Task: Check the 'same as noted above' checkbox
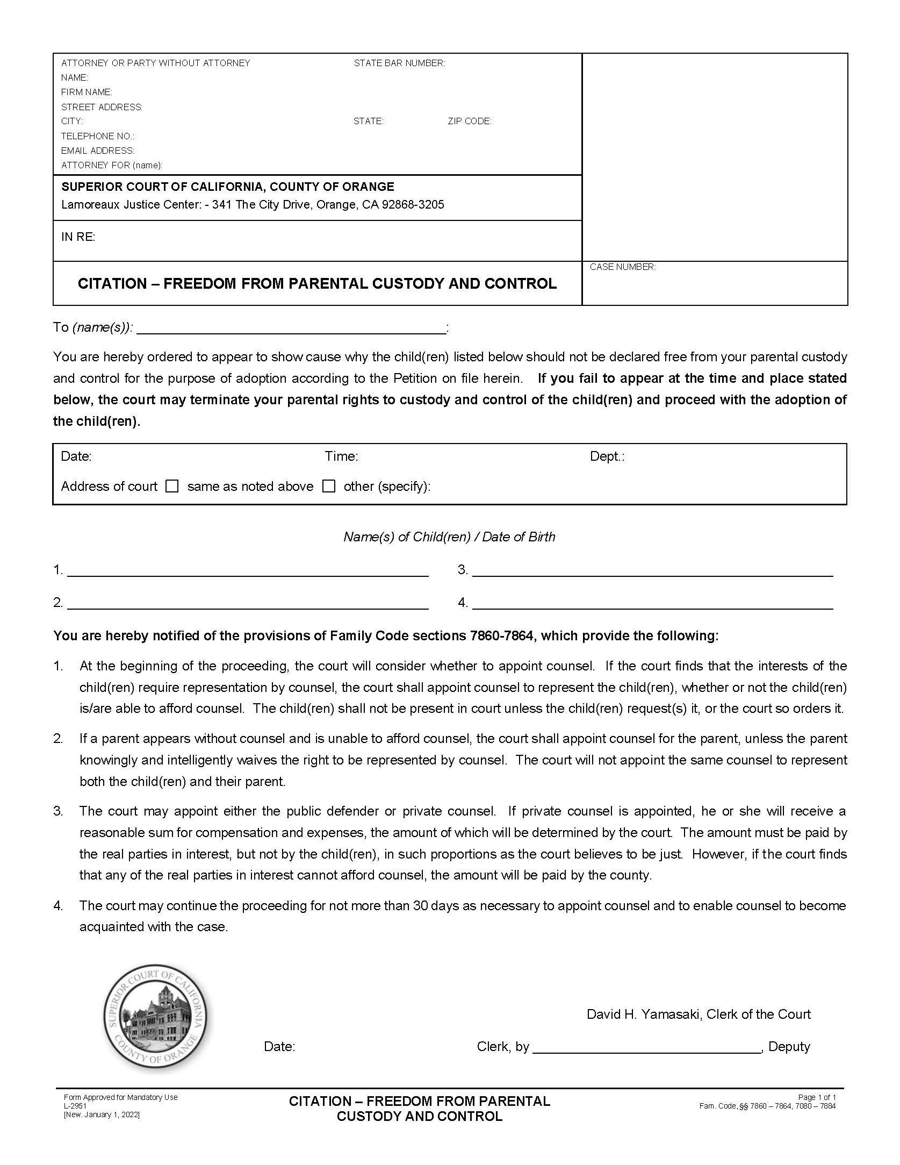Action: point(172,487)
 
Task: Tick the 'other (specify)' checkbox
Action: point(329,487)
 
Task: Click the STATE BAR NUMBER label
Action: point(399,63)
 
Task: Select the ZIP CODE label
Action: point(470,121)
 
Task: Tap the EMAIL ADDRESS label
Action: point(98,151)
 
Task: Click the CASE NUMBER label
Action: point(623,267)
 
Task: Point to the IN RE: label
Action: point(78,237)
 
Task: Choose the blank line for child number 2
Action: point(248,603)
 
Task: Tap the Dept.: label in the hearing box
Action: point(607,456)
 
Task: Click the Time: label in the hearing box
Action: point(341,456)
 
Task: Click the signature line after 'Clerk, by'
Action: point(647,1047)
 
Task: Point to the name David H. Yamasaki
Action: point(643,1014)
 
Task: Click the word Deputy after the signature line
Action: point(789,1047)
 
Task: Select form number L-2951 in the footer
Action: point(73,1106)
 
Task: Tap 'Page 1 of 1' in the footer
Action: point(817,1097)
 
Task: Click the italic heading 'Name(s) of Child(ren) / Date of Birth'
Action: point(449,537)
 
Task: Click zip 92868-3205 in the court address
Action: point(413,205)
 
